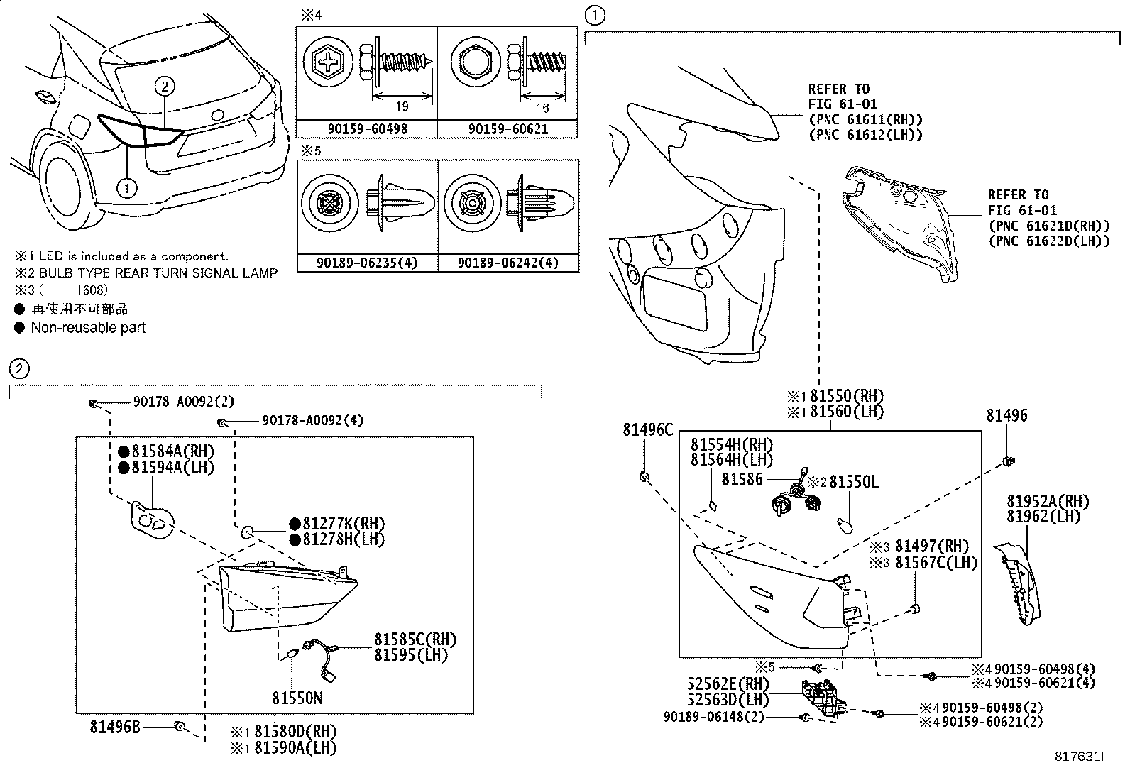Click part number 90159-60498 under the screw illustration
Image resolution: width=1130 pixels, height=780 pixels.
click(366, 129)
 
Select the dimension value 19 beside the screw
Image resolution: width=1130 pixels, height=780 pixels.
click(402, 107)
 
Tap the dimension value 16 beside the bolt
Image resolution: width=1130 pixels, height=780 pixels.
click(543, 108)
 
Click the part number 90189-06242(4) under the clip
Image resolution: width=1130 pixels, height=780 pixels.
click(508, 263)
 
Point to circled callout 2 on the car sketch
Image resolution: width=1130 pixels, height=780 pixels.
click(164, 87)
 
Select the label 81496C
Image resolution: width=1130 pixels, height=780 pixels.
click(648, 429)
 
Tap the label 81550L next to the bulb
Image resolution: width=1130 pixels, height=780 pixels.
click(854, 482)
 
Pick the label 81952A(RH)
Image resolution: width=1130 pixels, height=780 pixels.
click(1048, 502)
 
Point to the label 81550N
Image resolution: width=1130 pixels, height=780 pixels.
click(297, 698)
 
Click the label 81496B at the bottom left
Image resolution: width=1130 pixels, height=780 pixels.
click(115, 726)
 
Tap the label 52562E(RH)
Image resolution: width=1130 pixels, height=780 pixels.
click(728, 684)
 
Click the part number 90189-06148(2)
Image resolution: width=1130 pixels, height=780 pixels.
click(714, 718)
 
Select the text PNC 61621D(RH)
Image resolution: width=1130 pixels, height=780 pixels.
click(1048, 226)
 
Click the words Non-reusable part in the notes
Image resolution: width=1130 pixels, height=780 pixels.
click(88, 328)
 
